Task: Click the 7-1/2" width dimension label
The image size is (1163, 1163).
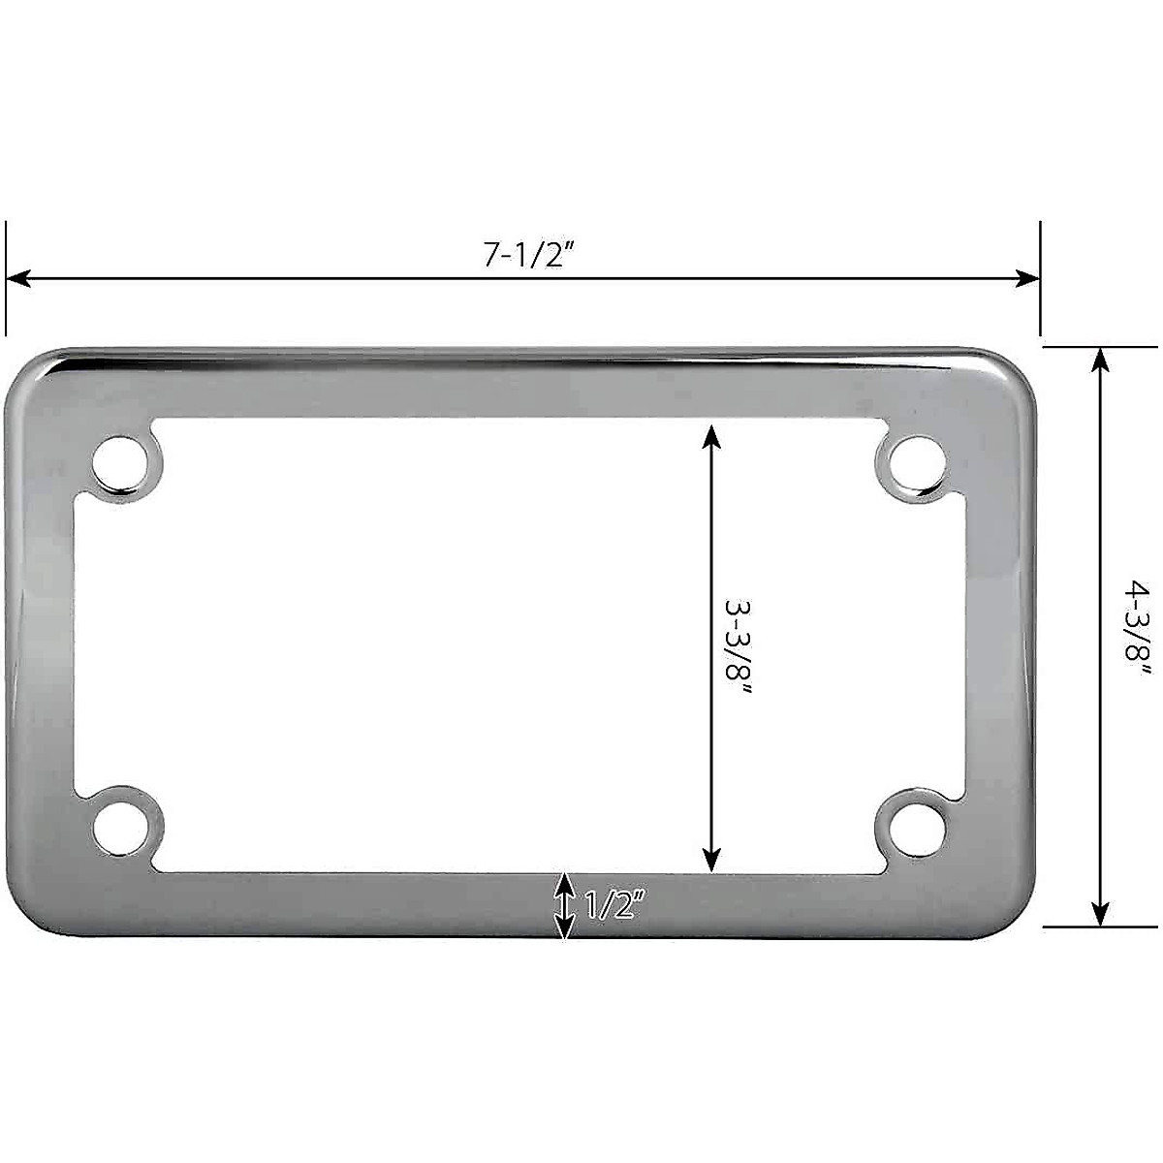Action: click(524, 254)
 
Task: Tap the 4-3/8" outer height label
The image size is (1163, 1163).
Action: click(1137, 638)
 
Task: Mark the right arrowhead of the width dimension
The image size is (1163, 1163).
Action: click(1027, 278)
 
